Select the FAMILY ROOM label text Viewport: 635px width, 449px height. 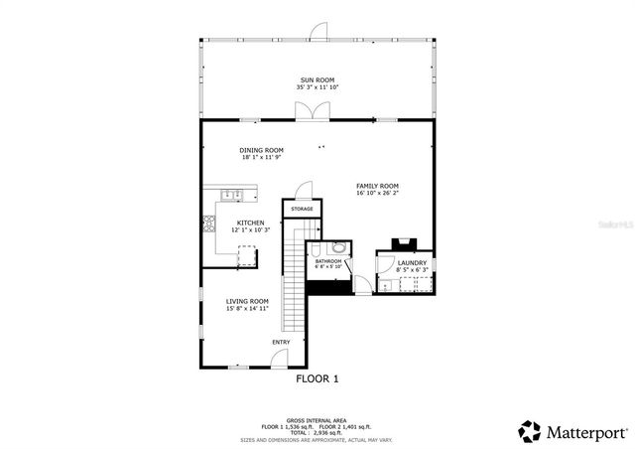377,186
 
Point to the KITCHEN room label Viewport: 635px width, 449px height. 250,223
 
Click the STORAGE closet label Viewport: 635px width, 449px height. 303,209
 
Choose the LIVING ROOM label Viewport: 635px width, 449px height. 247,301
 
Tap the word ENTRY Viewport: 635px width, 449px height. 281,342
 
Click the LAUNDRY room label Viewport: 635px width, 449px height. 412,262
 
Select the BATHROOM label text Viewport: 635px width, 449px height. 328,261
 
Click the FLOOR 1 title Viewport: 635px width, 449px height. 317,378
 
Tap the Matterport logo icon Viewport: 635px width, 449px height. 530,431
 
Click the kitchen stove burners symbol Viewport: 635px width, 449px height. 209,224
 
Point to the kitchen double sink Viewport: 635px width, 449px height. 229,193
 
